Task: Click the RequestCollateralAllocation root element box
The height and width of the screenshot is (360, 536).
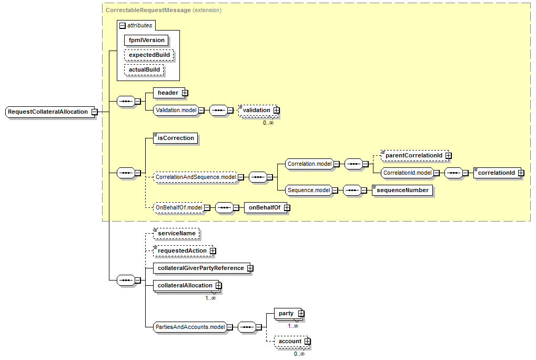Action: coord(48,112)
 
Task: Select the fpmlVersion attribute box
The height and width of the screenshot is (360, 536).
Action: coord(147,40)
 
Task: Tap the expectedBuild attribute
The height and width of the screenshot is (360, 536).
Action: coord(149,55)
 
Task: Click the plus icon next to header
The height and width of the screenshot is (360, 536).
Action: coord(185,93)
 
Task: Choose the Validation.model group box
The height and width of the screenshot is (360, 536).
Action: coord(176,111)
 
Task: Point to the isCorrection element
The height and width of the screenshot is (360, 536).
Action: coord(176,138)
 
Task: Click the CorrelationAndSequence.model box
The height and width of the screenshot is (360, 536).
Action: coord(196,177)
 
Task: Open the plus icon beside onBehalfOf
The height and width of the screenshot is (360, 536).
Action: coord(287,208)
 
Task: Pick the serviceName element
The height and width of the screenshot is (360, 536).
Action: coord(176,233)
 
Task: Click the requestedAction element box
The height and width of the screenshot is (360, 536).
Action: coord(182,251)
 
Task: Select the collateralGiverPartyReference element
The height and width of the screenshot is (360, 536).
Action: coord(200,268)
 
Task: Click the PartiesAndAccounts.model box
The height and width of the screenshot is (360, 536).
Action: coord(190,327)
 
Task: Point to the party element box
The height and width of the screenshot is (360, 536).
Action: coord(286,314)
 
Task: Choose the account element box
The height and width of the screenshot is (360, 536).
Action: coord(290,341)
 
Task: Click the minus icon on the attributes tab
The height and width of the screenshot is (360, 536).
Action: coord(123,25)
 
